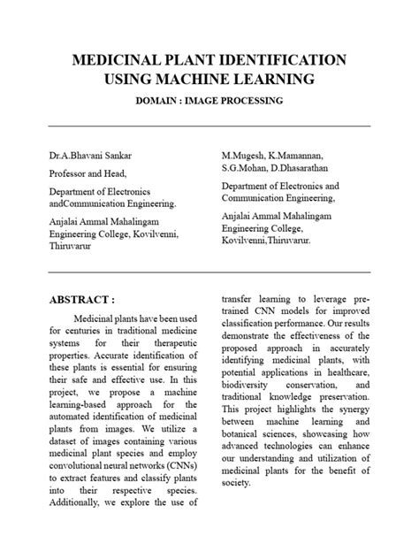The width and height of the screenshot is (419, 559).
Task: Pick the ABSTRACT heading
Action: [x=82, y=300]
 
